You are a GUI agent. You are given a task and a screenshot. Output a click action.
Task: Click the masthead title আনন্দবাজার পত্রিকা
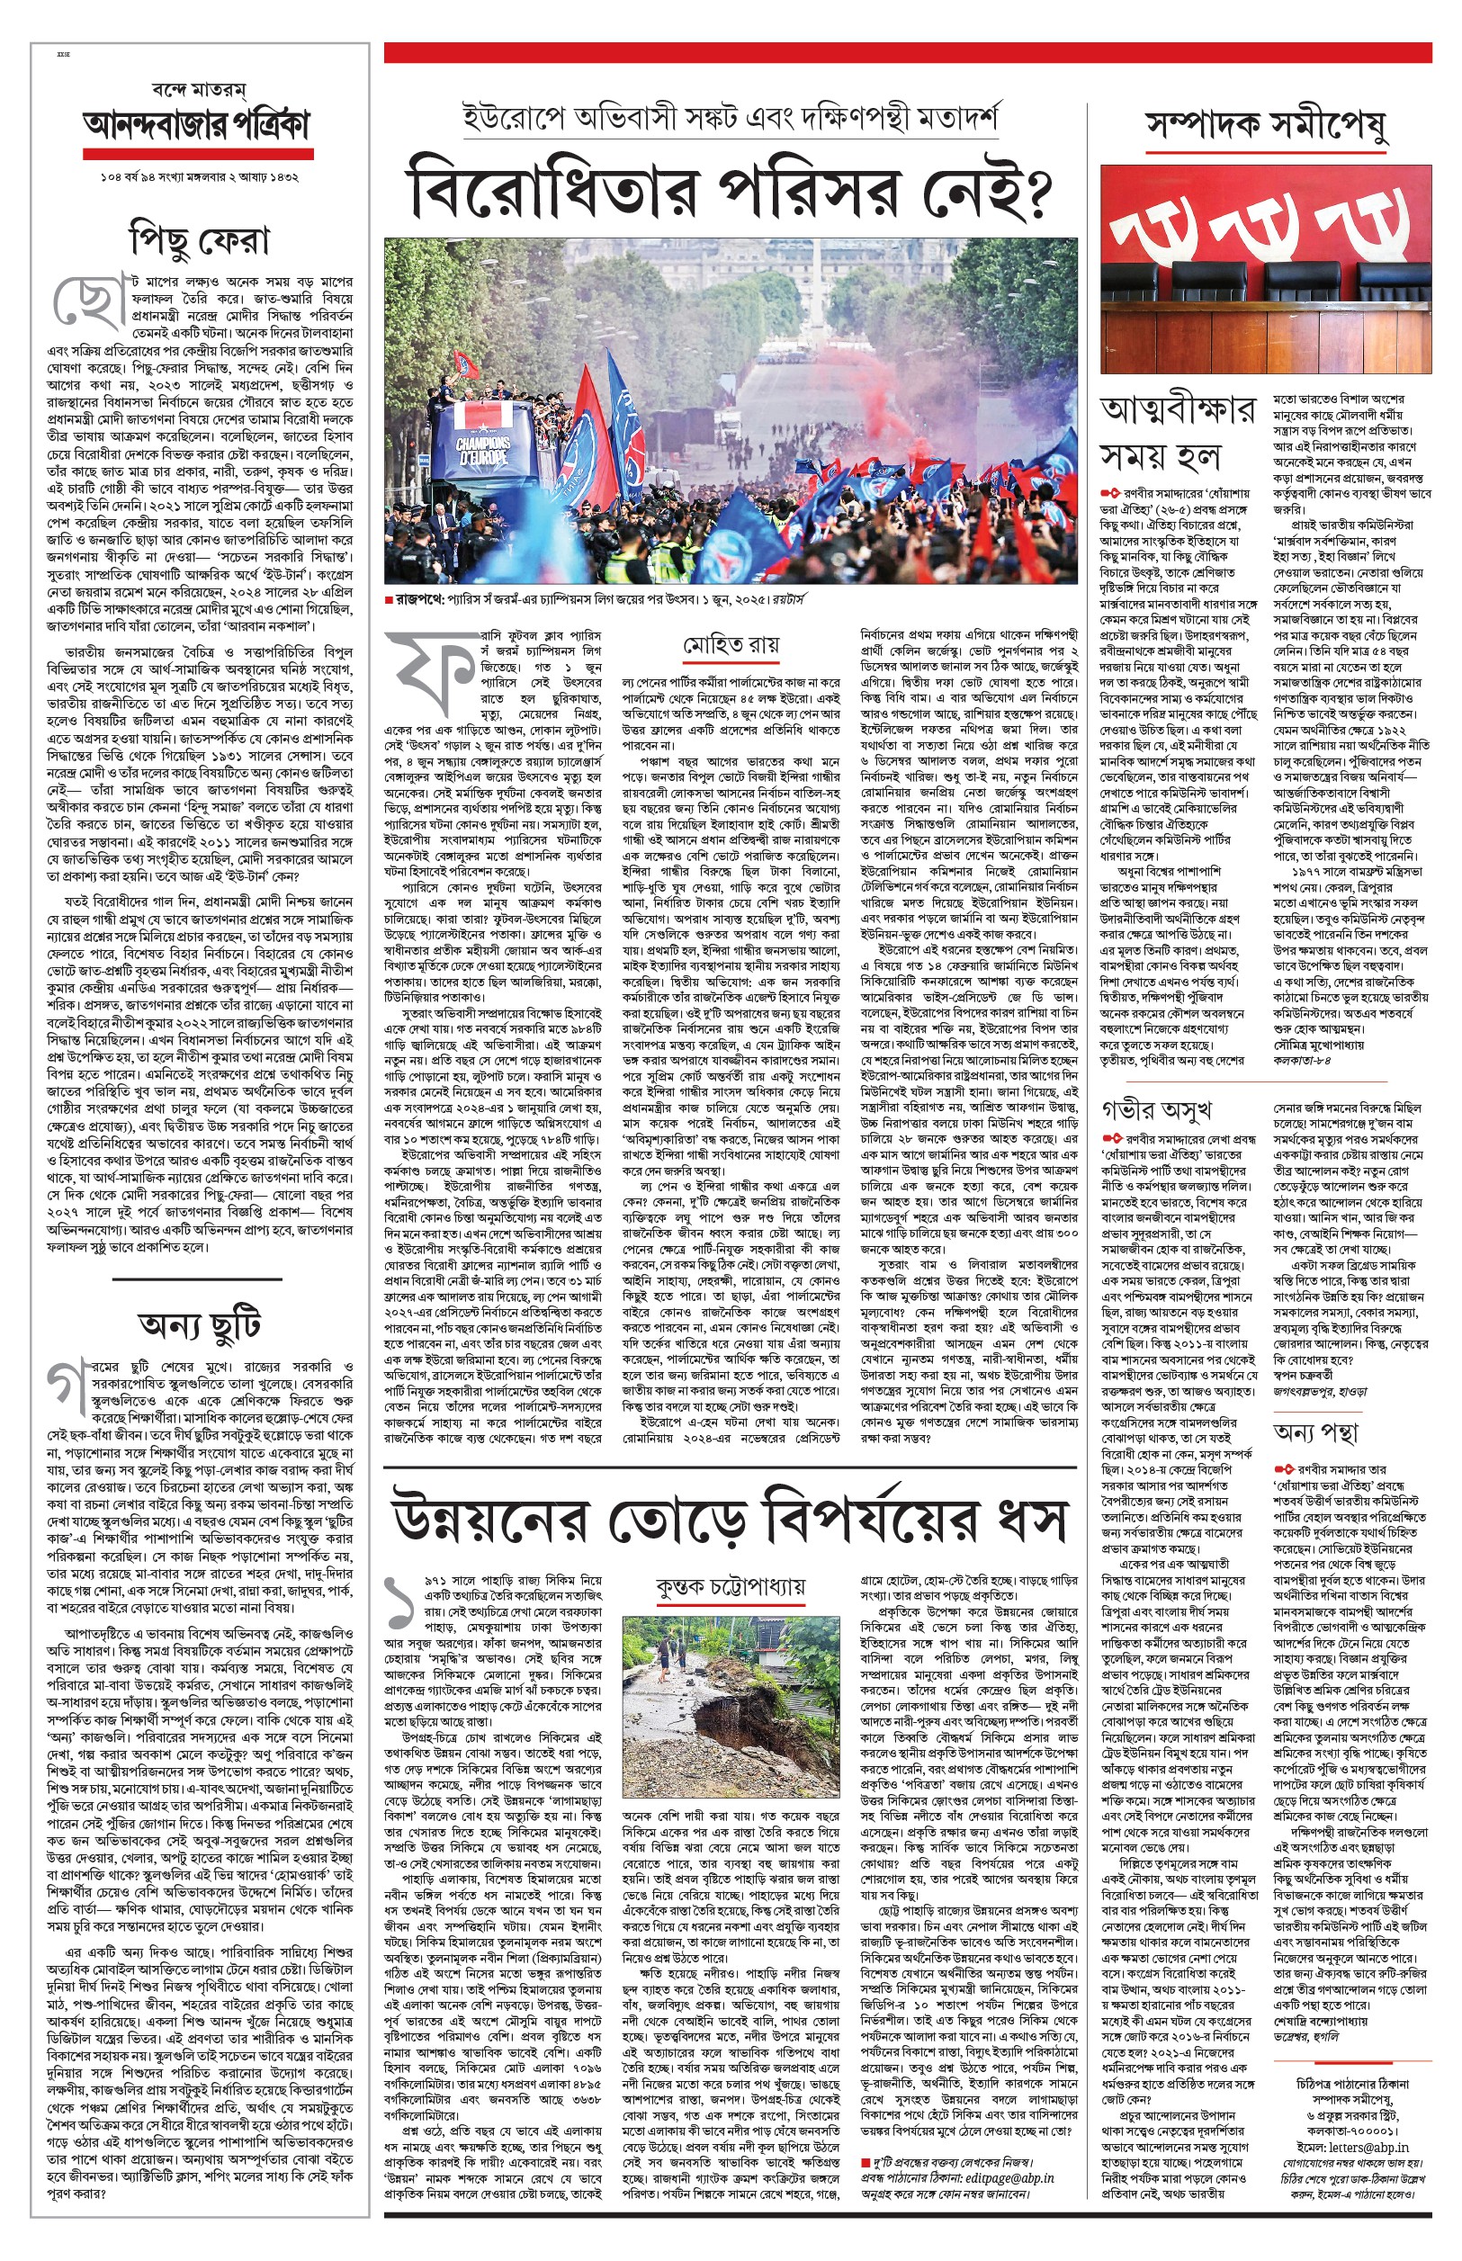pos(196,125)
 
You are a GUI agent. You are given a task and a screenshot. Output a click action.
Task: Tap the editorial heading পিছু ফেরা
pos(200,239)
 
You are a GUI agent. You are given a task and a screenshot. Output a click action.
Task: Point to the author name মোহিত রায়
pos(731,645)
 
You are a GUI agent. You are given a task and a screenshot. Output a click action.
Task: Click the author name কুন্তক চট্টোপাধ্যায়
pos(730,1586)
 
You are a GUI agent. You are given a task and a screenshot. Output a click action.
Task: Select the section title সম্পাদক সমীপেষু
pos(1266,124)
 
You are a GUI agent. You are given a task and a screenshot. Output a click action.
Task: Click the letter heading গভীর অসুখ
pos(1156,1108)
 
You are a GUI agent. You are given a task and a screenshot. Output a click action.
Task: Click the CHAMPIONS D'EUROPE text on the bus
pos(482,449)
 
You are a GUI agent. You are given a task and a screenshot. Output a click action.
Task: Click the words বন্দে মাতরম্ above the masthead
pos(199,90)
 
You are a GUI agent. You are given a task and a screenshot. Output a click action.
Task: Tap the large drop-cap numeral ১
pos(399,1604)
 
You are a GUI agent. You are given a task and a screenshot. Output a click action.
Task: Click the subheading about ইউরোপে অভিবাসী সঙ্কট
pos(729,118)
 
